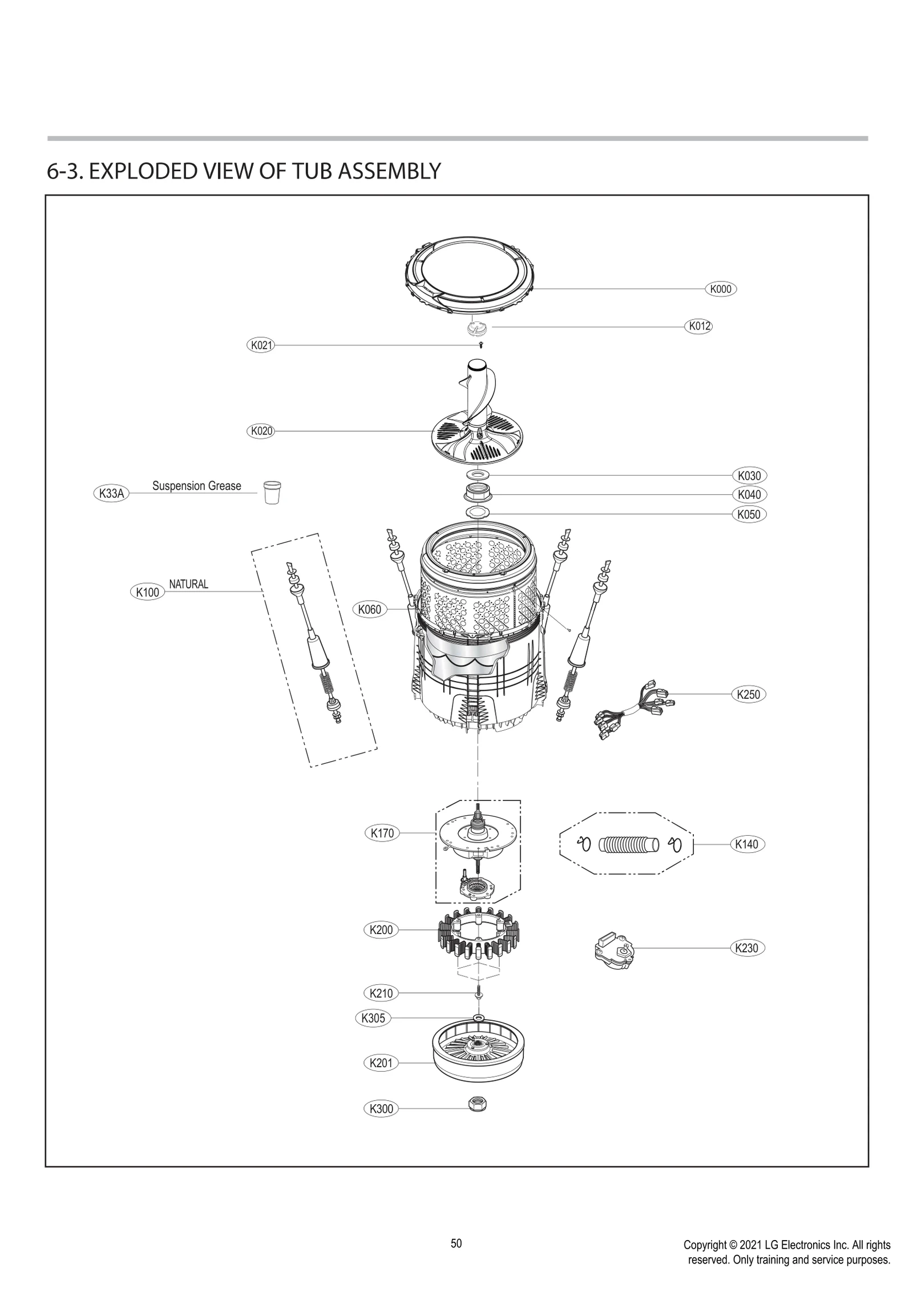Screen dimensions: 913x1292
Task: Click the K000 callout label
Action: click(720, 289)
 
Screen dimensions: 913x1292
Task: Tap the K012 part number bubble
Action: click(698, 327)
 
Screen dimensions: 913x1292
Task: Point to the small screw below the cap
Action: click(480, 345)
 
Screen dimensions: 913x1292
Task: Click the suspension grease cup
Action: click(272, 492)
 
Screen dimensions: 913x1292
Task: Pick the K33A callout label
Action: click(111, 493)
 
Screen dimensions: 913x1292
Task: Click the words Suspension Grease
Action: click(196, 486)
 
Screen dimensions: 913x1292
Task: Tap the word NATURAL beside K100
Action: click(188, 584)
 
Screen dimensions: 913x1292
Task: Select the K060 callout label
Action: click(369, 610)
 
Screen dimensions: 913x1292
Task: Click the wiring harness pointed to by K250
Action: click(630, 707)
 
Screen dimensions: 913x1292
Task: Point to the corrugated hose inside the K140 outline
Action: click(628, 844)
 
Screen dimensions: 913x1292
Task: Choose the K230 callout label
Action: click(747, 948)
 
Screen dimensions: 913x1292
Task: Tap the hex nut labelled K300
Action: click(477, 1105)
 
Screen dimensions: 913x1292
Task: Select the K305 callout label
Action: click(373, 1018)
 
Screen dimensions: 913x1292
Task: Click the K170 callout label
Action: click(382, 833)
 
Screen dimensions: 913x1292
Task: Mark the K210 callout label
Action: click(381, 993)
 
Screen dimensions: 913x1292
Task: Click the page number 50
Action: click(456, 1239)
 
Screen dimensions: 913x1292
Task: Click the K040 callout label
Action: click(749, 494)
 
